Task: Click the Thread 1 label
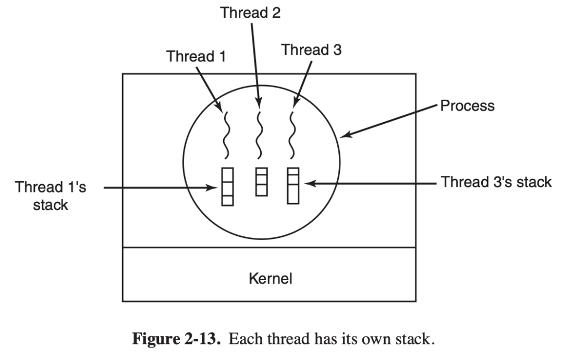pyautogui.click(x=196, y=56)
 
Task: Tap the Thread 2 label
pyautogui.click(x=251, y=13)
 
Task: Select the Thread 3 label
pyautogui.click(x=311, y=50)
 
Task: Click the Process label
pyautogui.click(x=467, y=106)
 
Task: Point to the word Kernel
pyautogui.click(x=270, y=278)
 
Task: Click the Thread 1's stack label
pyautogui.click(x=51, y=196)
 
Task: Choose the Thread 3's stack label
pyautogui.click(x=496, y=183)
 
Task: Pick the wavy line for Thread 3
pyautogui.click(x=292, y=134)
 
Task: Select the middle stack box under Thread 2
pyautogui.click(x=261, y=182)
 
